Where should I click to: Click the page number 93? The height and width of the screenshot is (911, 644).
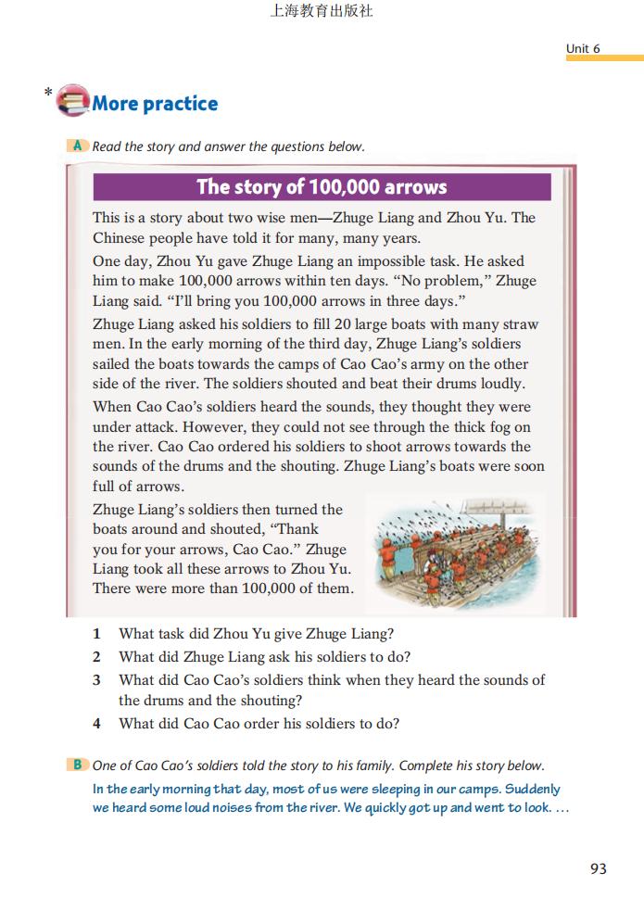598,868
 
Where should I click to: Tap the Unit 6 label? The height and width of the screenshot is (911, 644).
584,48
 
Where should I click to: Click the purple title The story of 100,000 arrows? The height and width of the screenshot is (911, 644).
322,187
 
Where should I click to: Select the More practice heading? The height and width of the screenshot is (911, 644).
155,104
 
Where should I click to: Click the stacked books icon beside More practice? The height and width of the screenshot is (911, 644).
72,100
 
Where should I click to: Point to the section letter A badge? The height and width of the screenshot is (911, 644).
78,146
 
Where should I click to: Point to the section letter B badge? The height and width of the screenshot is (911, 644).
78,765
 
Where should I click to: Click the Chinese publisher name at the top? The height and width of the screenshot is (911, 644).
321,12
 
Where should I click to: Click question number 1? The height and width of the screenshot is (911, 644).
96,634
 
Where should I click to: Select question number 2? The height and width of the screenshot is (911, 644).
96,657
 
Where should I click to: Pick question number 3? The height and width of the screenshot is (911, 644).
96,680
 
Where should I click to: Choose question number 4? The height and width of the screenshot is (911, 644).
96,724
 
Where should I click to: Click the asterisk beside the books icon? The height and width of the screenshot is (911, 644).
47,92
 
